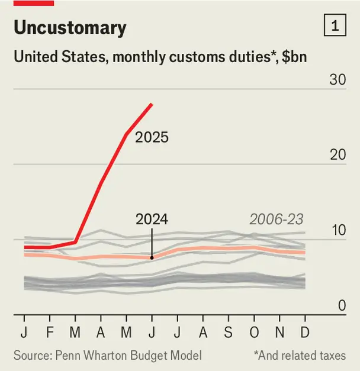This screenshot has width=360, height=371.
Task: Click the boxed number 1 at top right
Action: point(335,26)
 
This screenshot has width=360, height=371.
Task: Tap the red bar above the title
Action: point(33,3)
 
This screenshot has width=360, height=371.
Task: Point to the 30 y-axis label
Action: point(337,79)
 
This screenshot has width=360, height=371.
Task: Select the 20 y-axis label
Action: point(337,154)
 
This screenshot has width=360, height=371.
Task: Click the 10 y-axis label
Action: point(337,230)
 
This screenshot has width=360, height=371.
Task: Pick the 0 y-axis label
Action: point(342,306)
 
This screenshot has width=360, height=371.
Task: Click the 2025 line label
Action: point(152,138)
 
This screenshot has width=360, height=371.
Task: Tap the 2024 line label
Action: point(152,220)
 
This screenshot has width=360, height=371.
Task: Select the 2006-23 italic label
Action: point(276,220)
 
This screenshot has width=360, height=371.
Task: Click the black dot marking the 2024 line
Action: point(152,257)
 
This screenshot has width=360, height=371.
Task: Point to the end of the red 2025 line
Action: point(152,104)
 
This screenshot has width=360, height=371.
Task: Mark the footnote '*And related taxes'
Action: point(300,355)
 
